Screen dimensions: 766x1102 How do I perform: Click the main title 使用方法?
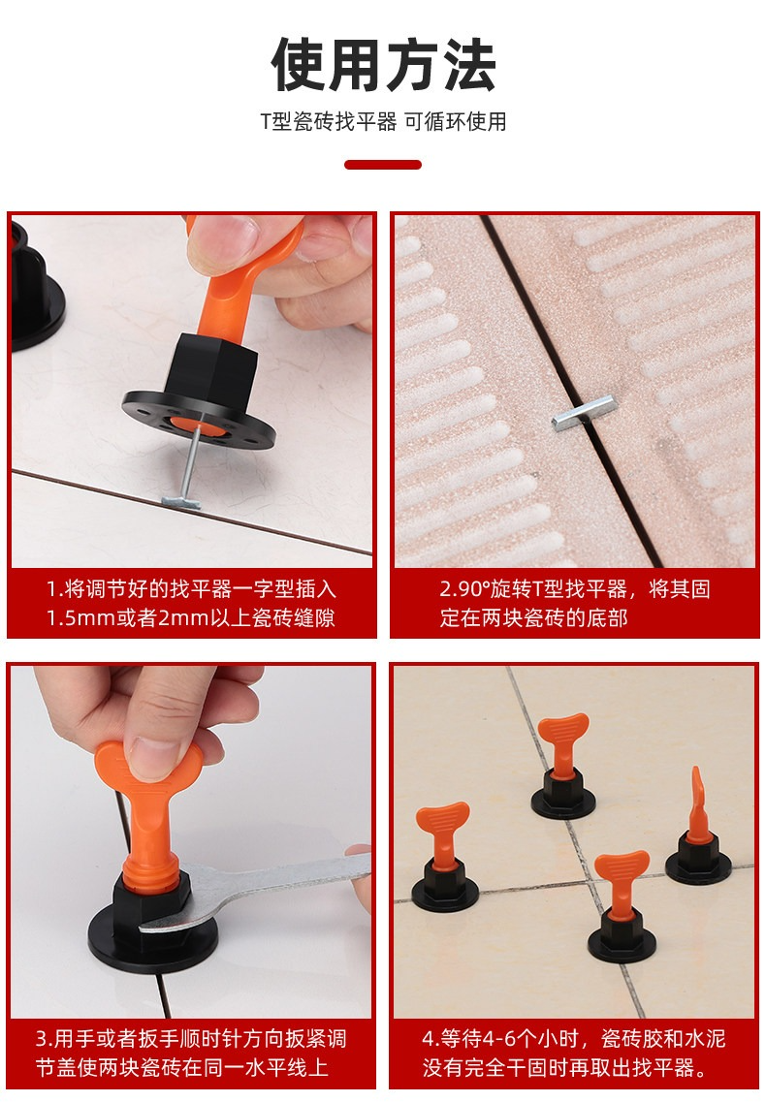point(383,65)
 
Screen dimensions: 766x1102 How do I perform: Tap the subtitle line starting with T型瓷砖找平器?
point(383,121)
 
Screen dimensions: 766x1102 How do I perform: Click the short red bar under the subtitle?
point(383,165)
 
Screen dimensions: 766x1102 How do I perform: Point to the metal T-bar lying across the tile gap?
point(585,413)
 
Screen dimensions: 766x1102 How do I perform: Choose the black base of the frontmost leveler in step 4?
point(622,937)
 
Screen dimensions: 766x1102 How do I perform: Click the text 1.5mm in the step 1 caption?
point(80,618)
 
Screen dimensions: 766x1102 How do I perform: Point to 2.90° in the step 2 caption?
point(465,589)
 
